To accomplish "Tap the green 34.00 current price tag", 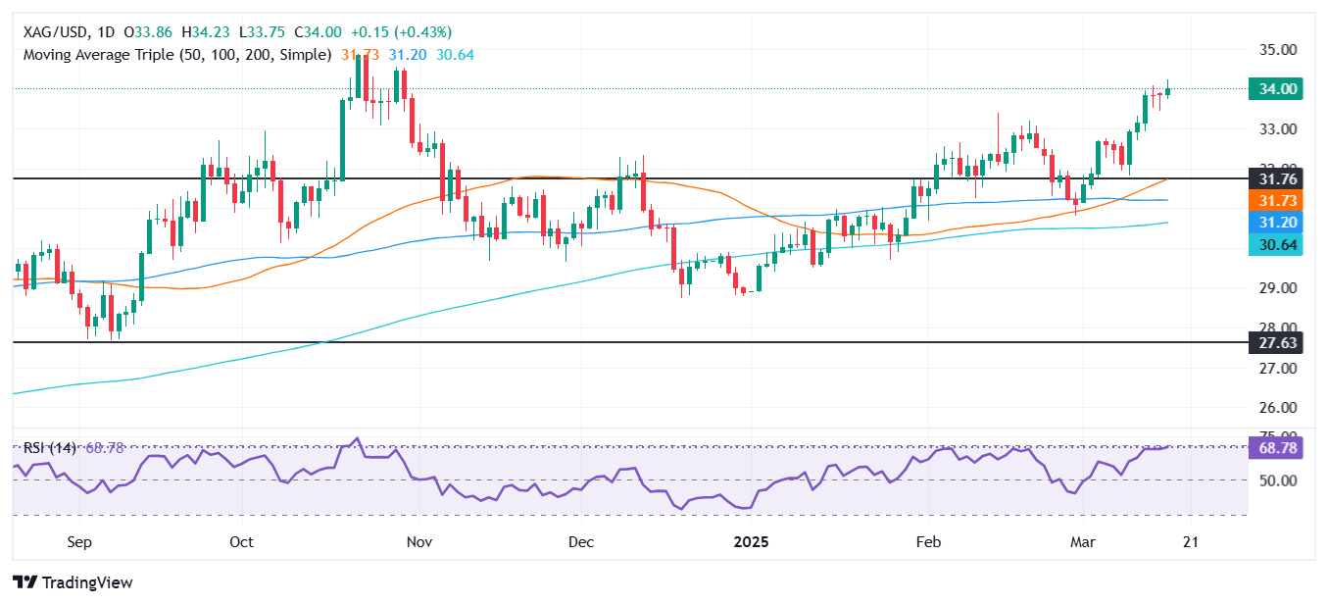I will (1275, 89).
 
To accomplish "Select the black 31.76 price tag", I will (1275, 179).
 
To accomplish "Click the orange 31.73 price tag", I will (1275, 200).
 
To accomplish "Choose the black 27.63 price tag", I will (1275, 343).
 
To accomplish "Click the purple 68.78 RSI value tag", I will (1275, 448).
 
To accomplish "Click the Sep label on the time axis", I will (79, 542).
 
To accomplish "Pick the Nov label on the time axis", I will (418, 542).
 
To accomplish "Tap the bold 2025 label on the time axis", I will (753, 542).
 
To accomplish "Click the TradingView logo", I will (73, 582).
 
